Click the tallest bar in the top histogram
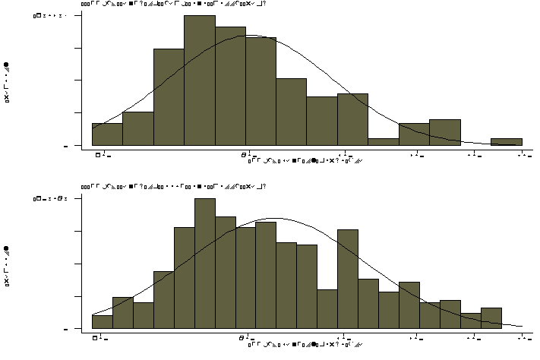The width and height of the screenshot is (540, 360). coord(199,80)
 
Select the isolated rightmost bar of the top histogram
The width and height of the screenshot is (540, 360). coord(506,141)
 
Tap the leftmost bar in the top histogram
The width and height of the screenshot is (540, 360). coord(107,134)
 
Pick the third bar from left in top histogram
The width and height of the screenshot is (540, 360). coord(169,96)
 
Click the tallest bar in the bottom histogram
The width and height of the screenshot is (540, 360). coord(205,264)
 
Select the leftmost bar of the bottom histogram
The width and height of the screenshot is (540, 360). coord(103,322)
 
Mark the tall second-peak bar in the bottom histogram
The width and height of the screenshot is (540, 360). coord(348,279)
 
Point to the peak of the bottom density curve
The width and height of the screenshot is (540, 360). coord(276,219)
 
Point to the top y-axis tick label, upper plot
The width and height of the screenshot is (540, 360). coord(53,15)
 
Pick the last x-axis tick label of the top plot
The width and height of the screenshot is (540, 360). coord(523,155)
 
